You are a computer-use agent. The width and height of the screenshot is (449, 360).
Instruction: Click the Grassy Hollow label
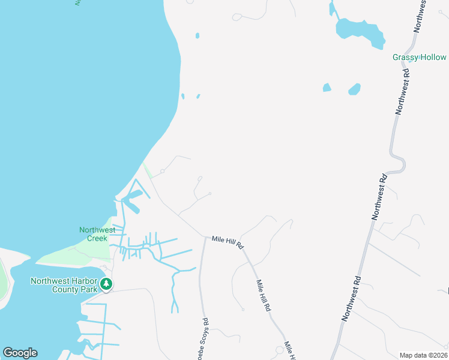click(x=419, y=58)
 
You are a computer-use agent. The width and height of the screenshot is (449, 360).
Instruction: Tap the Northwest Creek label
click(x=97, y=234)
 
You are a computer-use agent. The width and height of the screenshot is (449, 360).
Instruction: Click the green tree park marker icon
click(x=106, y=284)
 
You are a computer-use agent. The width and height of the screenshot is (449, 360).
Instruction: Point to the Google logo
click(x=20, y=353)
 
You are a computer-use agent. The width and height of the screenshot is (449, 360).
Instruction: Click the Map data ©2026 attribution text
click(x=423, y=355)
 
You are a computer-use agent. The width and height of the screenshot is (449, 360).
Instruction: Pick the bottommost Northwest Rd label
click(x=351, y=298)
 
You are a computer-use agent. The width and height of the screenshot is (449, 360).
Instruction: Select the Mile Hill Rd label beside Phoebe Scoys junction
click(x=228, y=242)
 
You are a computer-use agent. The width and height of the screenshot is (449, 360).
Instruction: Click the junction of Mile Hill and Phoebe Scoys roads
click(x=203, y=236)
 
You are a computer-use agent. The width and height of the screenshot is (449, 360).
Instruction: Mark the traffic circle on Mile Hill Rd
click(x=279, y=349)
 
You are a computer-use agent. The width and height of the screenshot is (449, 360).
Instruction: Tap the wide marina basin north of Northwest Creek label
click(x=134, y=196)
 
